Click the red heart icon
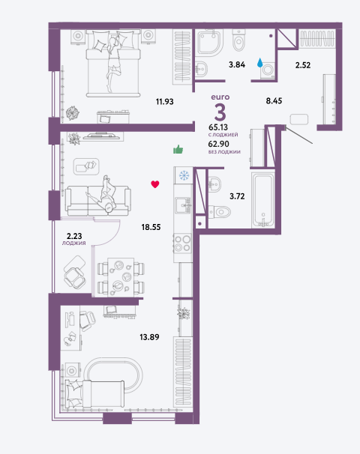click(155, 184)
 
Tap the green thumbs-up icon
click(178, 149)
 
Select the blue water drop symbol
click(260, 62)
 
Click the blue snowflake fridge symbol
click(184, 175)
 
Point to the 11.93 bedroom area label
click(165, 102)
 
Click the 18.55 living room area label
click(151, 227)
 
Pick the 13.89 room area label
click(149, 337)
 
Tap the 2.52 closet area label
click(303, 65)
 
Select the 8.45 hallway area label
click(274, 100)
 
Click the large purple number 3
click(220, 112)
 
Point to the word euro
click(220, 97)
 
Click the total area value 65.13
click(218, 127)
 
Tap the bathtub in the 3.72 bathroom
click(263, 200)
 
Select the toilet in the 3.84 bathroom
click(238, 40)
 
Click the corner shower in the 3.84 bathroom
click(210, 42)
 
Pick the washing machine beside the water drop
click(267, 71)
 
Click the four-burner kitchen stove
click(182, 243)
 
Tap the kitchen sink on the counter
click(183, 205)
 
